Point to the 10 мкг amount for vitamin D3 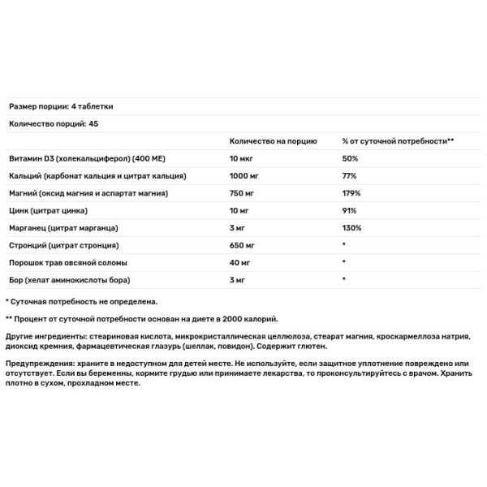tap(243, 158)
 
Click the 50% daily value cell tap(351, 158)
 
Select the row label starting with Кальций tap(98, 176)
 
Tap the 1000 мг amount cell tap(246, 176)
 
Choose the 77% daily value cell tap(350, 176)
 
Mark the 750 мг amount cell tap(243, 193)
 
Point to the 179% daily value tap(352, 193)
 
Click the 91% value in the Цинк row tap(350, 211)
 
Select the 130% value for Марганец tap(352, 228)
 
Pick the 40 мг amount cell tap(241, 263)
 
